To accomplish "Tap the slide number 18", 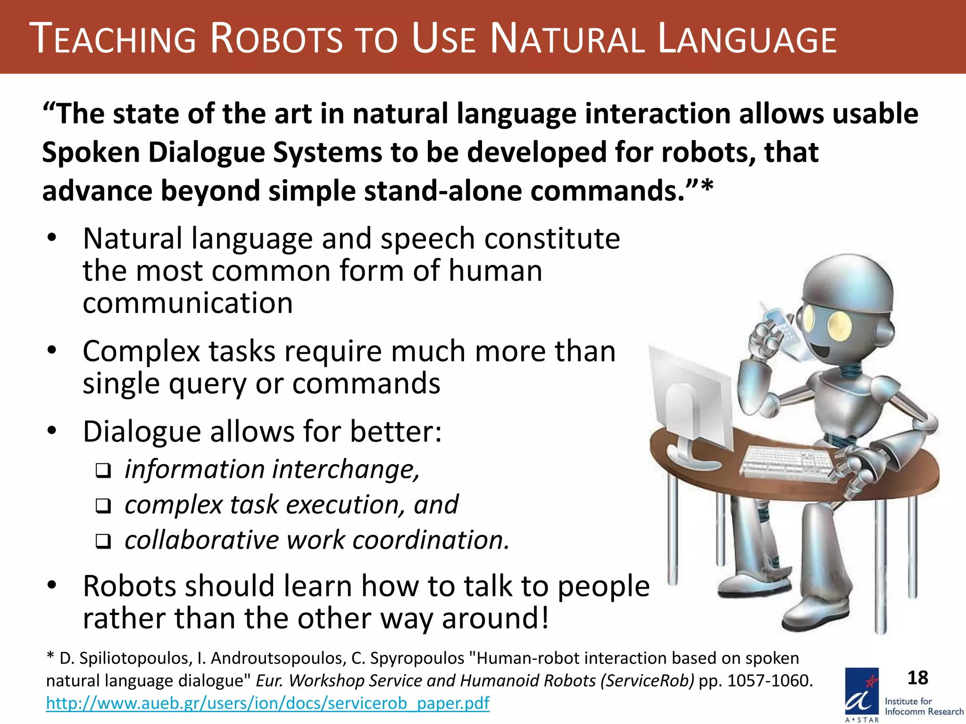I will click(918, 678).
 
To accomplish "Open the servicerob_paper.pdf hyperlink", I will click(267, 703).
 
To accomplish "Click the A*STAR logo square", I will click(862, 692).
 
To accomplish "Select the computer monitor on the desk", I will click(691, 405).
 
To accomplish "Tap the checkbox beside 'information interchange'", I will click(103, 470).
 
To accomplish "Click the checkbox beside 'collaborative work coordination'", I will click(103, 541).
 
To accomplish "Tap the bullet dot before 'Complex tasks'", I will click(52, 351).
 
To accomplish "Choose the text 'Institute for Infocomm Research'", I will click(924, 706).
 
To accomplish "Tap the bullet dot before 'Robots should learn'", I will click(52, 585).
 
